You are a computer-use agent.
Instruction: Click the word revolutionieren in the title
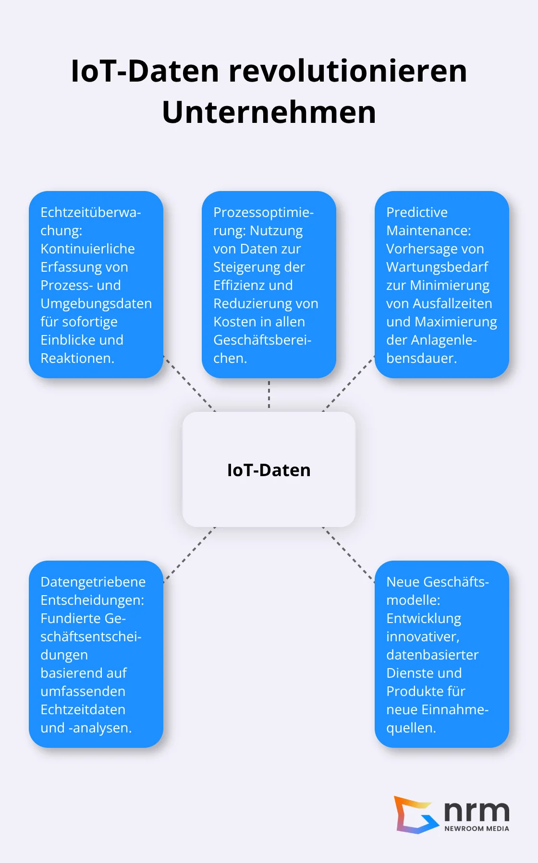tap(347, 71)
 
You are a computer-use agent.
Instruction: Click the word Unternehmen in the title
tap(269, 112)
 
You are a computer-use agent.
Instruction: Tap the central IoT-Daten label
tap(269, 470)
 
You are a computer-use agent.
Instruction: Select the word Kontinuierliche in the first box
tap(87, 249)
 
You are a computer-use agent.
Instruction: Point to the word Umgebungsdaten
tap(96, 303)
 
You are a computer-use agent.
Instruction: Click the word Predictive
tap(416, 212)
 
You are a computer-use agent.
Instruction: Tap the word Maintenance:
tap(428, 230)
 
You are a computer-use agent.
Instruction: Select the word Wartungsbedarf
tap(437, 267)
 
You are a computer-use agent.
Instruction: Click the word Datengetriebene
tap(93, 582)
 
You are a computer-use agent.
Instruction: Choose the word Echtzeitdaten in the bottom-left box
tap(83, 709)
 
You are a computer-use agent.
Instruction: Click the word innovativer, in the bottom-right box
tap(423, 636)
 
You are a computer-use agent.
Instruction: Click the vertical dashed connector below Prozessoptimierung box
tap(269, 395)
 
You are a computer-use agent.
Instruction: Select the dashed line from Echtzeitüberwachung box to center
tap(189, 384)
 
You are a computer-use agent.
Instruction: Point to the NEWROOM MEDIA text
tap(477, 828)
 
